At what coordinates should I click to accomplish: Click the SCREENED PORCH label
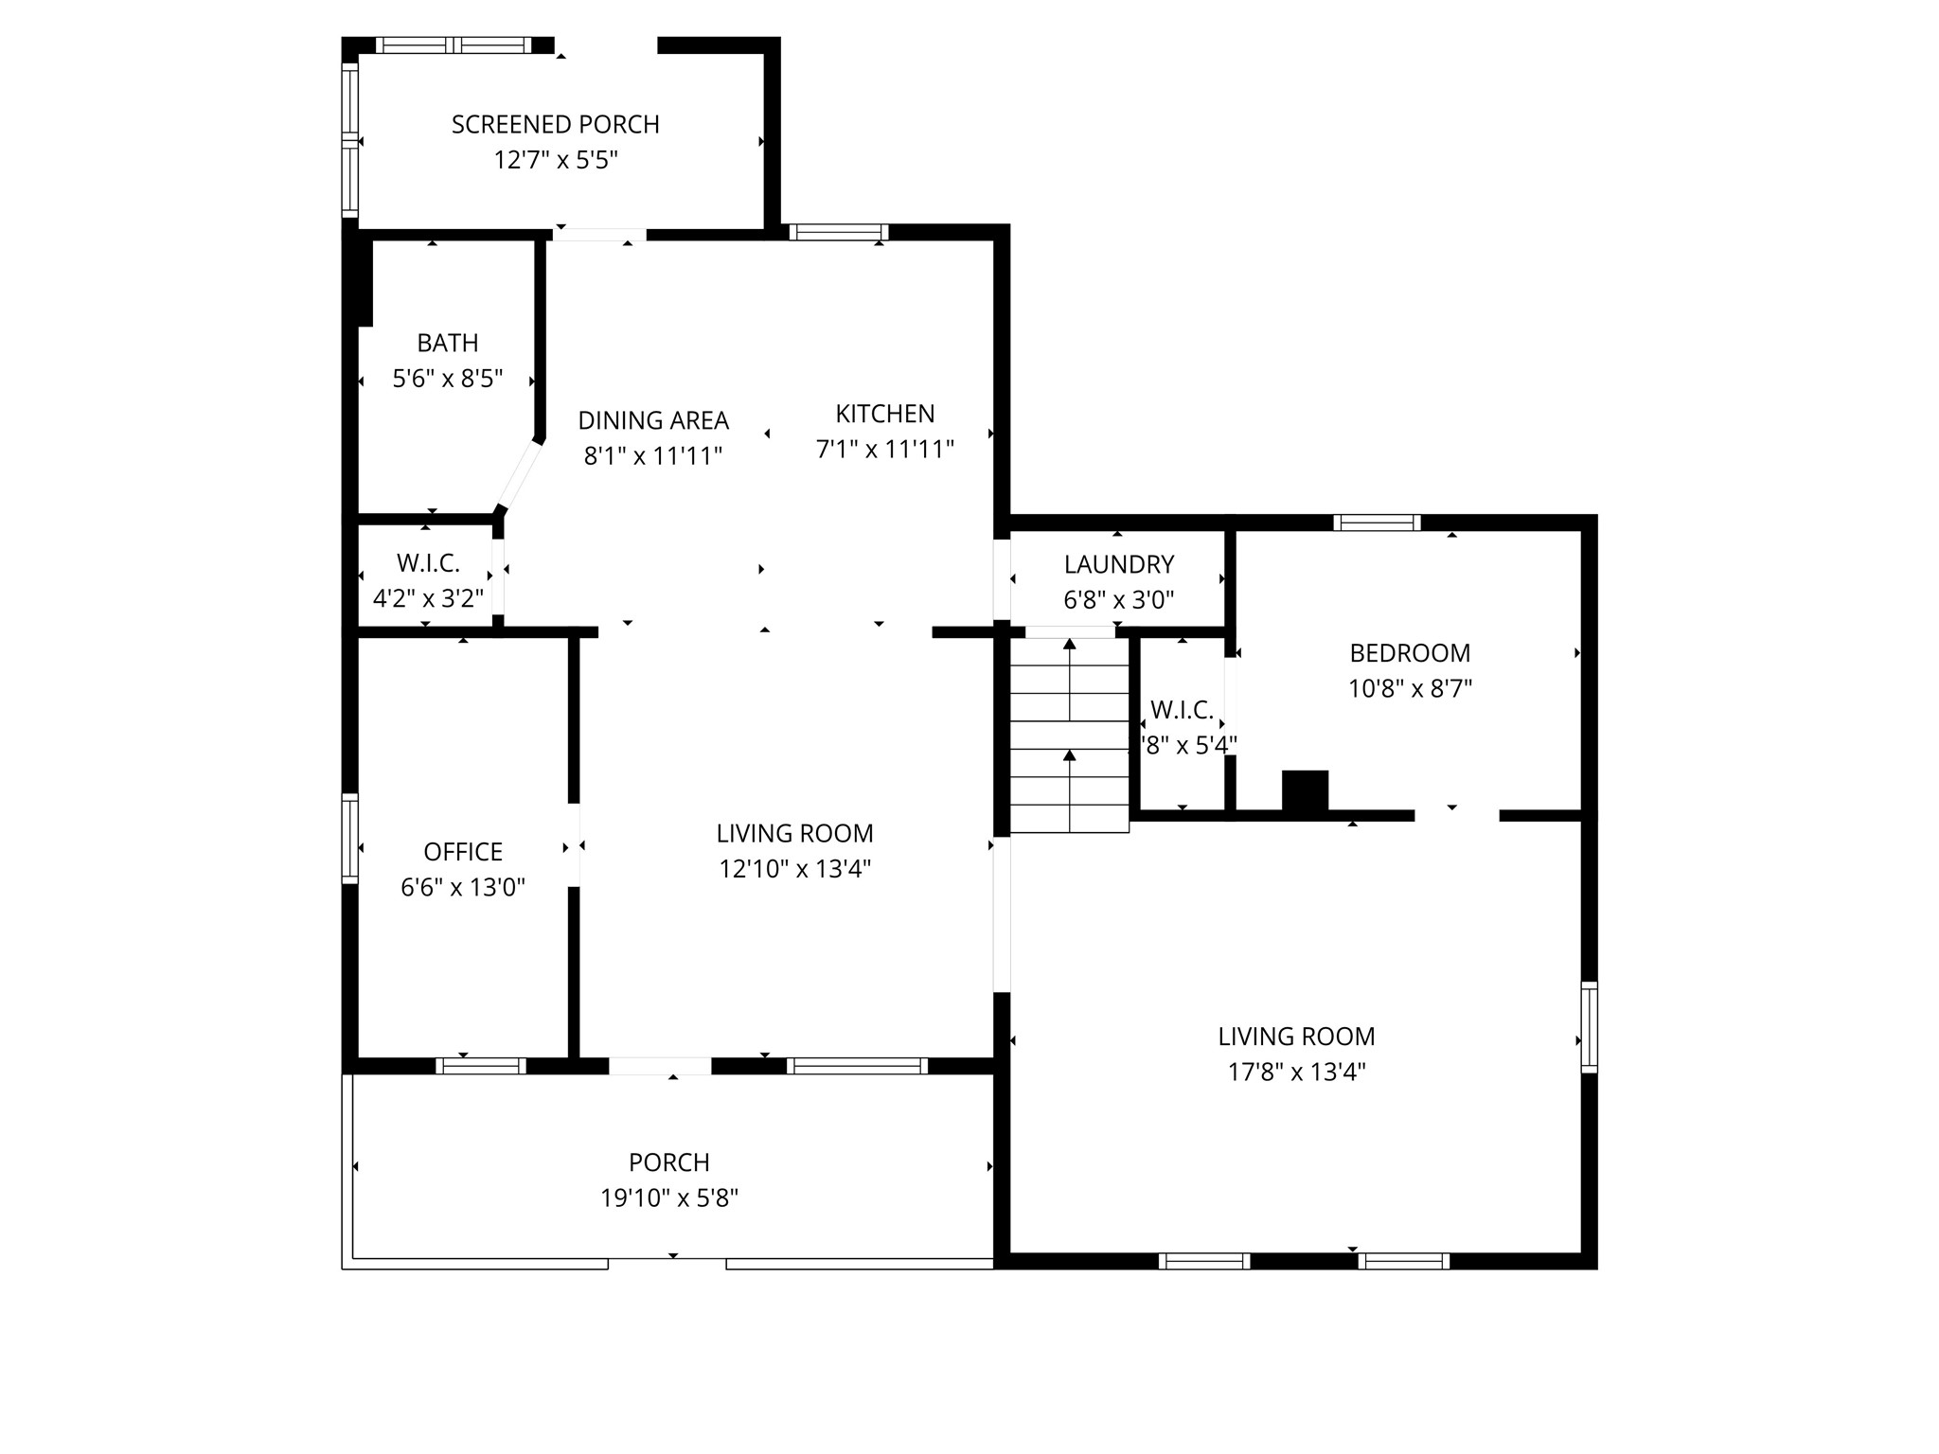click(x=555, y=124)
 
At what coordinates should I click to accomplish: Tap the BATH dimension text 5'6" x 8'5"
click(x=447, y=379)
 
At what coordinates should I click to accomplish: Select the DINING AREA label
click(x=653, y=420)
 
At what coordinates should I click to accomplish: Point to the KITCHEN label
click(x=884, y=414)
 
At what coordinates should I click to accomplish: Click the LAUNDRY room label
click(x=1118, y=564)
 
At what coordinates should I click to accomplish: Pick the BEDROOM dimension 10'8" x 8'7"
click(x=1410, y=688)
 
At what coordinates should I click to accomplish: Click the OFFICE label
click(x=463, y=852)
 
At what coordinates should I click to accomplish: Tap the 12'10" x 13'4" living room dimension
click(x=794, y=869)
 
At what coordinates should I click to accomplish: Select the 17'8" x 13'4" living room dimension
click(x=1296, y=1072)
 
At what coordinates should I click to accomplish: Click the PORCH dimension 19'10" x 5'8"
click(x=669, y=1198)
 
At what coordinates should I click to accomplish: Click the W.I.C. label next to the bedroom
click(x=1182, y=710)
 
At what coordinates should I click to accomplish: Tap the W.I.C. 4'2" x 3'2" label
click(x=428, y=598)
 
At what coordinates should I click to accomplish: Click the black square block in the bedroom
click(x=1305, y=790)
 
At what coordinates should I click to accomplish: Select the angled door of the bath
click(x=520, y=474)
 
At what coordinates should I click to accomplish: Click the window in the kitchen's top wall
click(x=838, y=232)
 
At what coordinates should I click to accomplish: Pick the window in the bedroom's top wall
click(x=1377, y=523)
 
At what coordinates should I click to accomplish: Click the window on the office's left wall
click(x=350, y=839)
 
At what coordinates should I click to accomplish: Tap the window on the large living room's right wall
click(x=1590, y=1027)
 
